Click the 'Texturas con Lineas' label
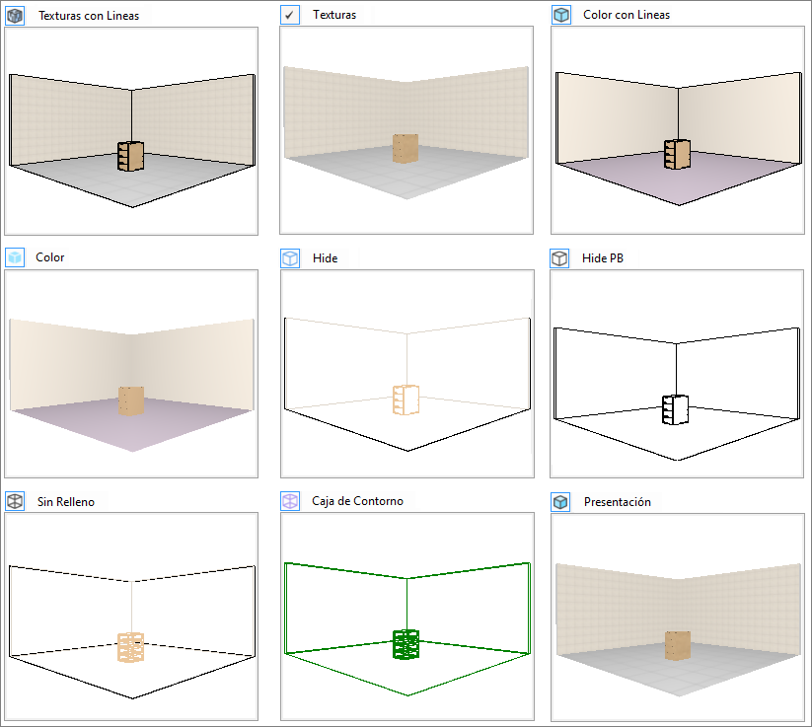coord(89,16)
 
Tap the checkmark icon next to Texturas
coord(289,15)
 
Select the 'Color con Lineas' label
coord(627,15)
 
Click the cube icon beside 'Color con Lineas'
coord(560,15)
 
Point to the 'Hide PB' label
coord(602,257)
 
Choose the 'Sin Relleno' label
coord(66,502)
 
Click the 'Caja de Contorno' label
coord(357,501)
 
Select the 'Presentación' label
coord(618,502)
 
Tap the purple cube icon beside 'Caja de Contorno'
coord(290,501)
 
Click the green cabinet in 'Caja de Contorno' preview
coord(406,644)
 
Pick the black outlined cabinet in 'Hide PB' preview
coord(675,409)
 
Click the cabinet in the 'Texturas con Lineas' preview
coord(130,156)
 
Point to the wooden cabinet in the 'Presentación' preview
coord(678,645)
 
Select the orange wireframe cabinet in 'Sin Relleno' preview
coord(130,647)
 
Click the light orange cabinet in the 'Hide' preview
coord(406,400)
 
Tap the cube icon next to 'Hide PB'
coord(559,257)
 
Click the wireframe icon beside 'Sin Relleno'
coord(15,501)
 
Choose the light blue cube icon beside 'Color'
coord(15,256)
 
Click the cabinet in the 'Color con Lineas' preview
coord(678,154)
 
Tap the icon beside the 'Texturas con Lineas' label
coord(15,16)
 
